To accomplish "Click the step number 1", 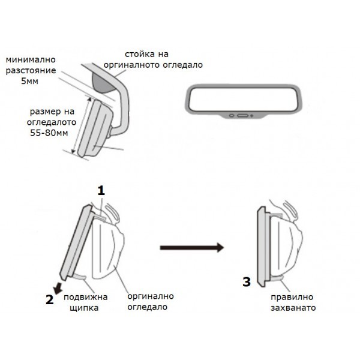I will coord(101,190).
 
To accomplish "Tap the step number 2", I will coord(50,301).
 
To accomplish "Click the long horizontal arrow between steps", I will coord(191,247).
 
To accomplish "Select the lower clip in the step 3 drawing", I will coord(277,277).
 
